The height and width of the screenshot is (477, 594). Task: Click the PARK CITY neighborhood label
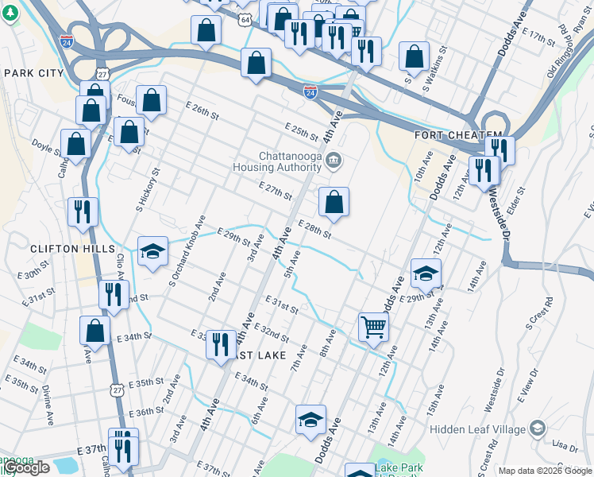(33, 73)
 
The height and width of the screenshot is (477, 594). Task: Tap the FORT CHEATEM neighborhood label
(458, 136)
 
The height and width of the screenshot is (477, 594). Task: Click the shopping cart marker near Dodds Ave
(373, 325)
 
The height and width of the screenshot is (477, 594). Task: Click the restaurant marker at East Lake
(221, 344)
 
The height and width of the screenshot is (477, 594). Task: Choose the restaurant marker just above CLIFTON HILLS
(83, 211)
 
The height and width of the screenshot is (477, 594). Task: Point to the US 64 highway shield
(245, 18)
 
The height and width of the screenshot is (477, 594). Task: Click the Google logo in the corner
(26, 467)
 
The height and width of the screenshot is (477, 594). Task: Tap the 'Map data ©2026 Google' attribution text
(545, 471)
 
